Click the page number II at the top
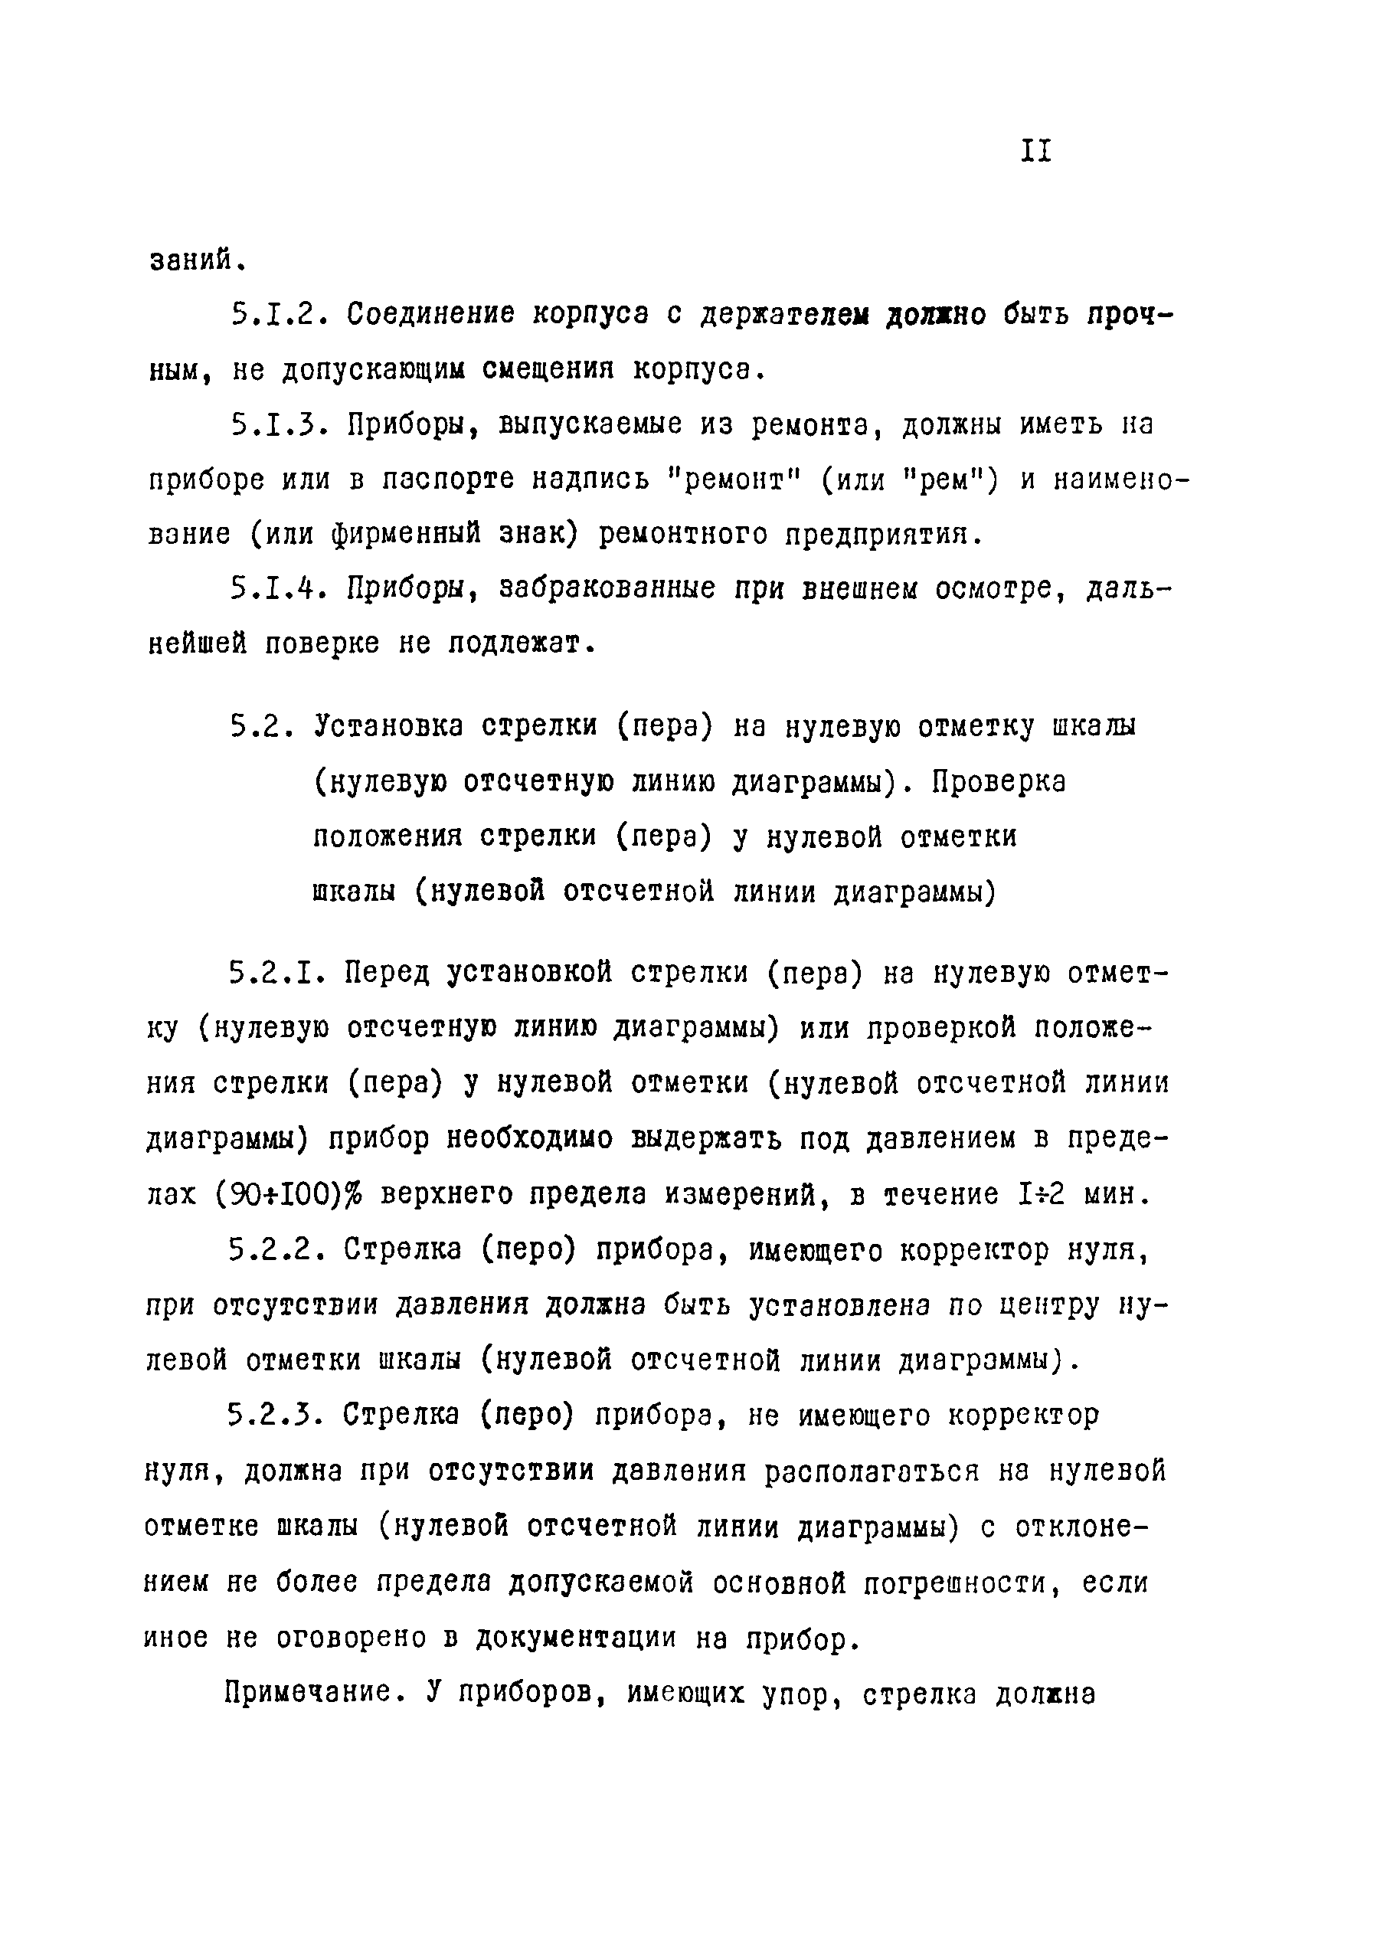(1035, 152)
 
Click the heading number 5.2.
(262, 727)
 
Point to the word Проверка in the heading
(998, 782)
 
